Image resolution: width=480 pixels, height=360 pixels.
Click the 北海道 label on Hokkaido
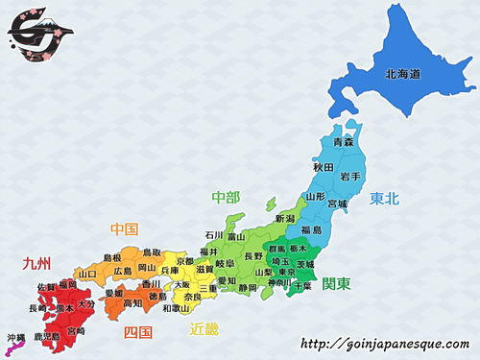404,73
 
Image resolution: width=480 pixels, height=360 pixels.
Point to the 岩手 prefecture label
349,177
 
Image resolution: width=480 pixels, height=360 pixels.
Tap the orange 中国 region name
124,229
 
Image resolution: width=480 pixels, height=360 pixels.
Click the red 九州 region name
36,261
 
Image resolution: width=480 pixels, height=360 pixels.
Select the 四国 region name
138,332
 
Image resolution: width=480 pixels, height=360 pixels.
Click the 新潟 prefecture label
285,219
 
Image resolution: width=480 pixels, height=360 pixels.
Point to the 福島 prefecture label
311,230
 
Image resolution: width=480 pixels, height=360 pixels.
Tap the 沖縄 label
15,337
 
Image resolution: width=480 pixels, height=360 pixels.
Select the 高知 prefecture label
132,303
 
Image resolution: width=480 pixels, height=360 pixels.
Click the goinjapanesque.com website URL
384,343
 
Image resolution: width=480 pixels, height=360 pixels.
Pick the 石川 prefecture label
213,235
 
